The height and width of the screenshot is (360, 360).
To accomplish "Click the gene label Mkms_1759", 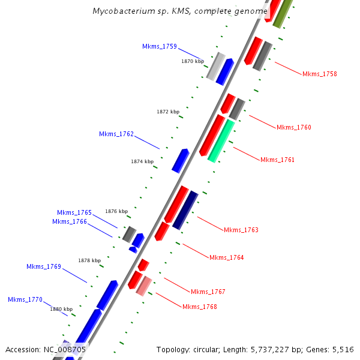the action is click(159, 46).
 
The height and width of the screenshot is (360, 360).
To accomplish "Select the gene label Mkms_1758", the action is click(319, 74).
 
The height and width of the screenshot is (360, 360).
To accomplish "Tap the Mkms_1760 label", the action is click(293, 127).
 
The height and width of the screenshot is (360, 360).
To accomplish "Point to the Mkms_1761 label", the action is click(277, 160).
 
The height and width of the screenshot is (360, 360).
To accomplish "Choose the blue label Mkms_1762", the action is click(116, 134).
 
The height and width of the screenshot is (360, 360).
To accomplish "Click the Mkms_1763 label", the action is click(241, 230).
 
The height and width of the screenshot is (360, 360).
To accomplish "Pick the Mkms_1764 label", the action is click(226, 257).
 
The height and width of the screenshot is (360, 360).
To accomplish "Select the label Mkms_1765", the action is click(74, 212).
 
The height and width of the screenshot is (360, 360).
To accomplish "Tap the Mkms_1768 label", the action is click(199, 307).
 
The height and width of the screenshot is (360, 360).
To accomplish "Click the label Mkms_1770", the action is click(25, 299).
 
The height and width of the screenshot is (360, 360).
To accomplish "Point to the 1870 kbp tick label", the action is click(193, 61).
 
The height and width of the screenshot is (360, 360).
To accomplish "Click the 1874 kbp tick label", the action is click(142, 161).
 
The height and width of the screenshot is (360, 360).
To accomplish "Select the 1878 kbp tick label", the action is click(89, 260).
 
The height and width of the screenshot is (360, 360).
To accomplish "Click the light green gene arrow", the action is click(221, 141).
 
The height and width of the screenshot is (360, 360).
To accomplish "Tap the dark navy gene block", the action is click(185, 210).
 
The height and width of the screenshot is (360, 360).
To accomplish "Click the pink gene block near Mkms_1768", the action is click(143, 286).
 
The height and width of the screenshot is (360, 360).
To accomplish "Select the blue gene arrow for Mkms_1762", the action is click(180, 161).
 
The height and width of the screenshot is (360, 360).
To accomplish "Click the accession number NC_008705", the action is click(64, 349).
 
